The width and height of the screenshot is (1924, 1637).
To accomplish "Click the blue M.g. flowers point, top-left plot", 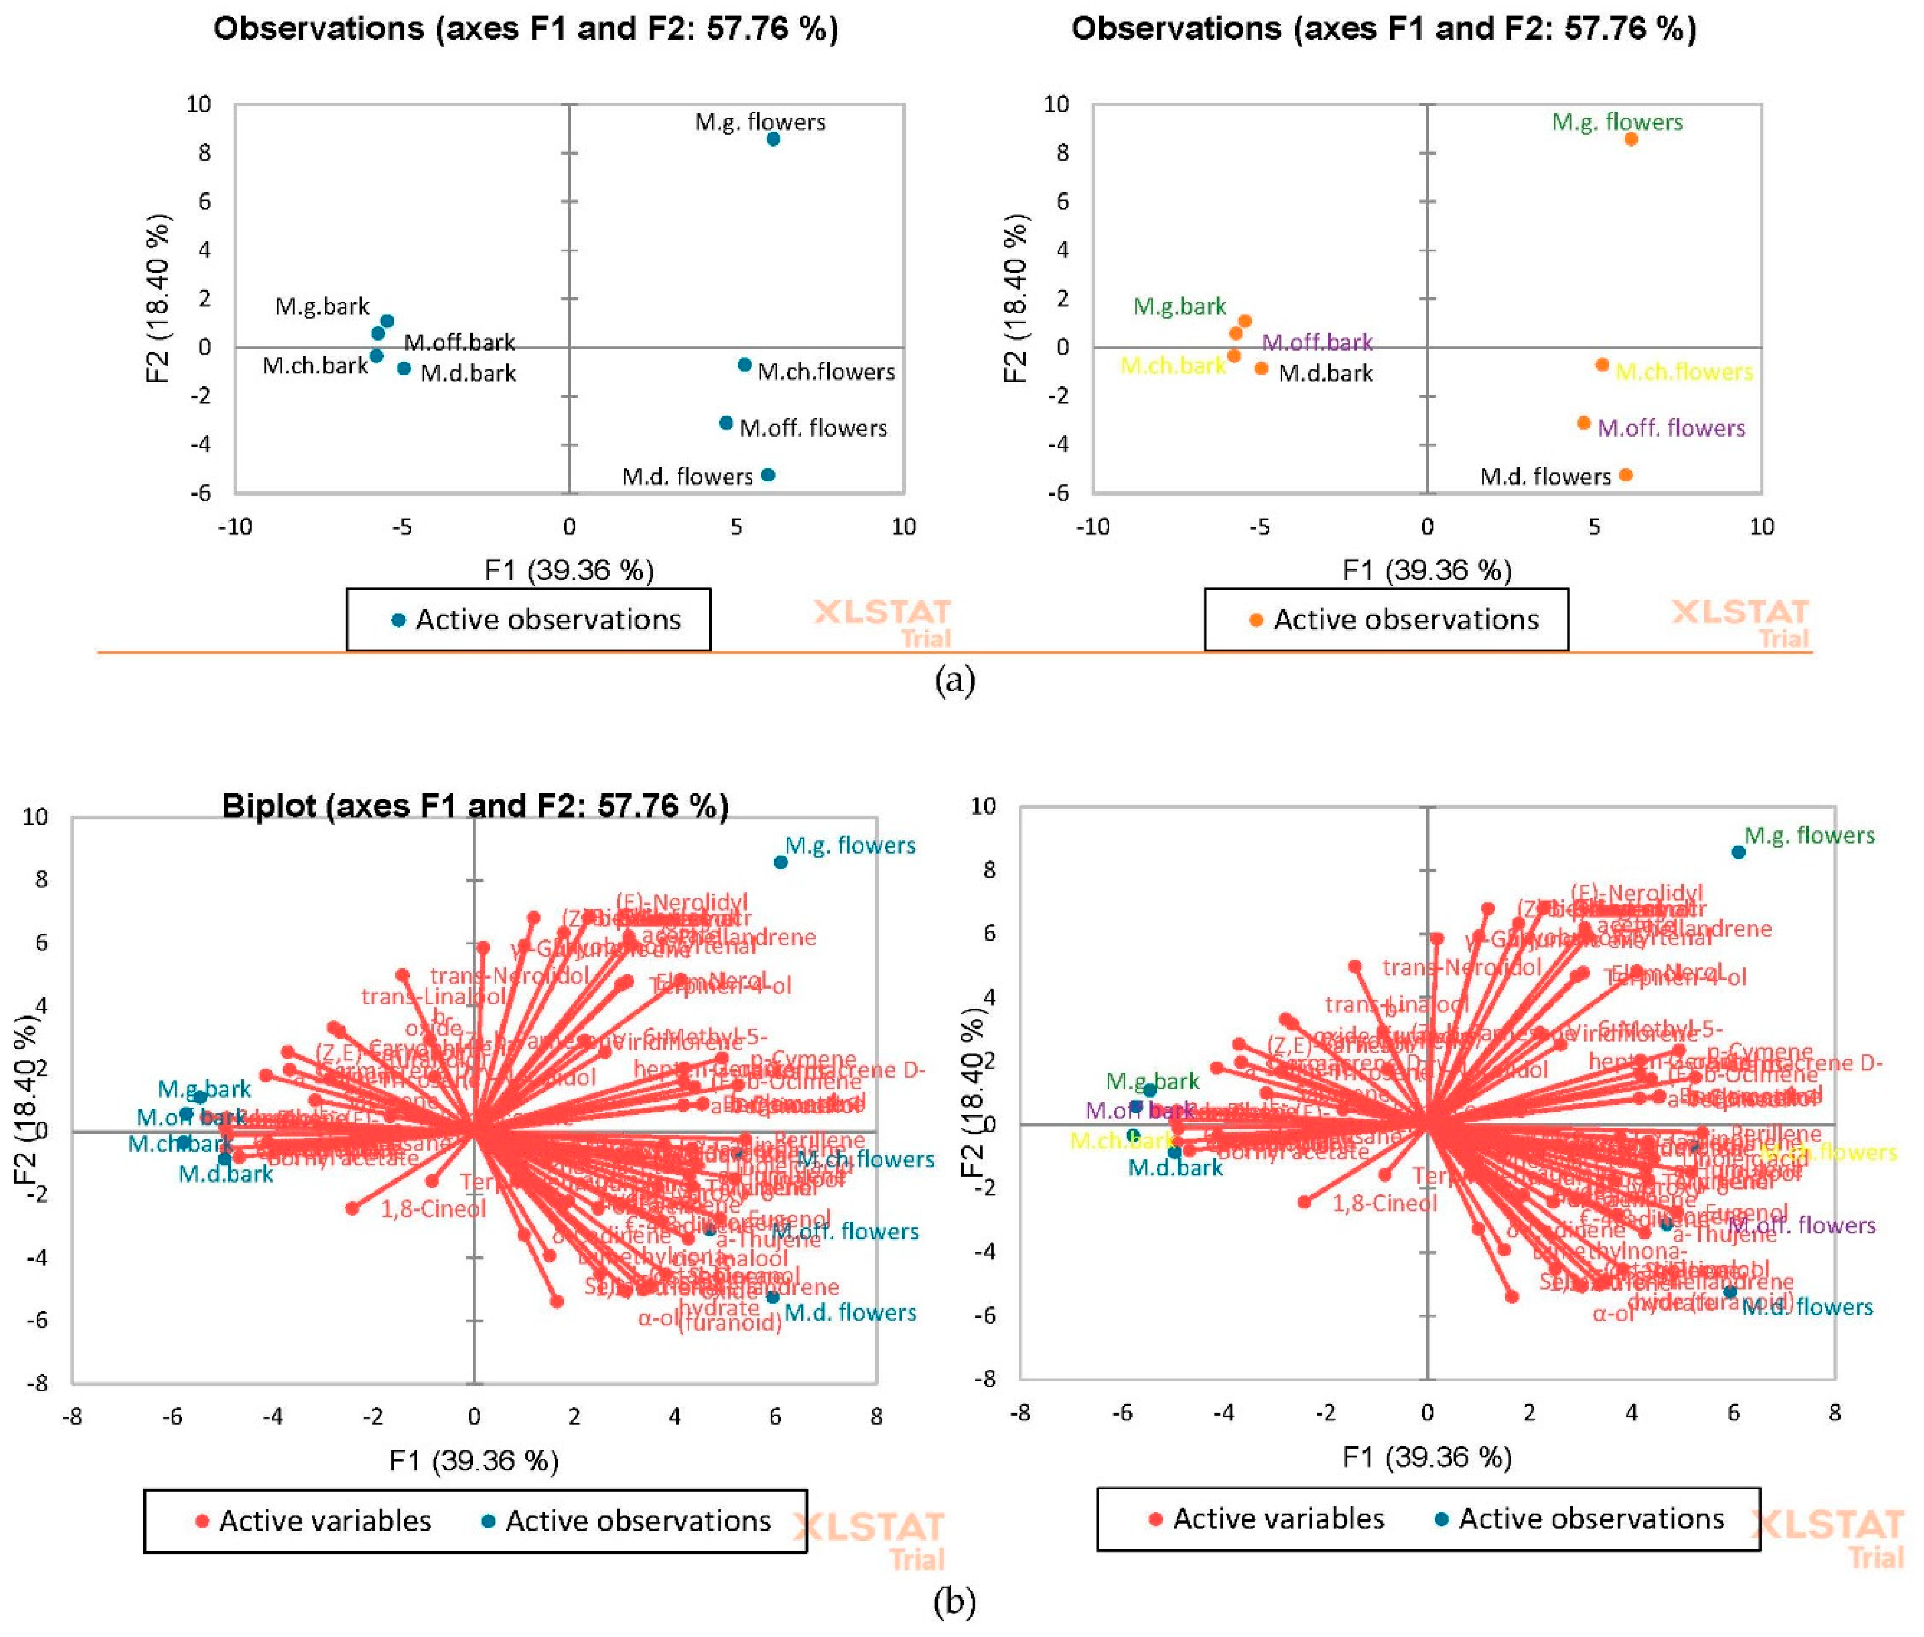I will (772, 139).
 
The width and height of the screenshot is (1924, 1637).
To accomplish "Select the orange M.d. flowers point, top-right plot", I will (1625, 475).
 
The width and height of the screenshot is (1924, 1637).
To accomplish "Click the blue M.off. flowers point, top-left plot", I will (726, 423).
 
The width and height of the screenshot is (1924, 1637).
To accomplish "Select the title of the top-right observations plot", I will (1383, 29).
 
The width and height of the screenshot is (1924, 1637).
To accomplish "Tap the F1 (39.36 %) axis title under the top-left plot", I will (569, 570).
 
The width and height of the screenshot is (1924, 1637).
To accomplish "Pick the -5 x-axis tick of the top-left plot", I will (401, 527).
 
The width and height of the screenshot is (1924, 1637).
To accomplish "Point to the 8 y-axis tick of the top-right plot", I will (1062, 153).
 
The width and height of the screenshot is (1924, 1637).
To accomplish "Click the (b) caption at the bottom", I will (955, 1602).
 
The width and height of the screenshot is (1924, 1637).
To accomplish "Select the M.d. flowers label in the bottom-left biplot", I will (849, 1312).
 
